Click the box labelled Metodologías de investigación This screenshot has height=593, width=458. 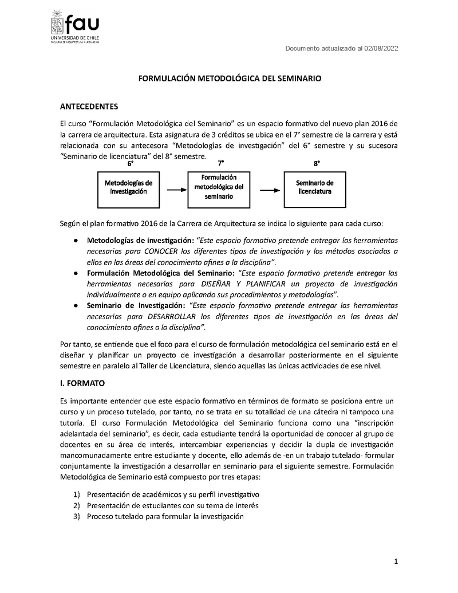point(129,187)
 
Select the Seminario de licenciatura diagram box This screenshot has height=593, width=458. point(314,187)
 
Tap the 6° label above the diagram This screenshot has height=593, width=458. point(131,163)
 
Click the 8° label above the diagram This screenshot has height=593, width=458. point(317,163)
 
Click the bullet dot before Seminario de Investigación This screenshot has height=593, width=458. point(75,305)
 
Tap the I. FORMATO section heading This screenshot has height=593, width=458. point(82,382)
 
